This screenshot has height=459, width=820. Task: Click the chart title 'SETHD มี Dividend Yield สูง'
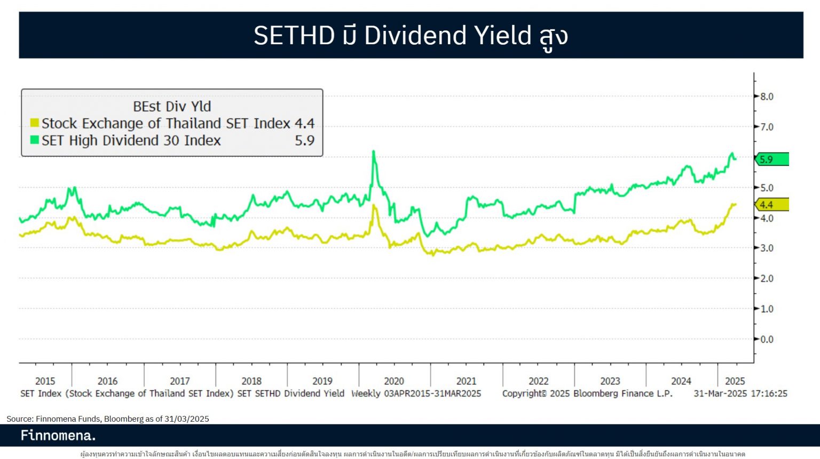[410, 36]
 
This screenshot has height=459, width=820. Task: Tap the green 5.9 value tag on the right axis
[771, 159]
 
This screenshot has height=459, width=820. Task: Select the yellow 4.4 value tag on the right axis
[771, 205]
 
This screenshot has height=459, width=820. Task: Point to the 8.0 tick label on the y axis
[767, 96]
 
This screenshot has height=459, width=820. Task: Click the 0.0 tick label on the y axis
[767, 339]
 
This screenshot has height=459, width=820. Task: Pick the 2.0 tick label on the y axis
[767, 278]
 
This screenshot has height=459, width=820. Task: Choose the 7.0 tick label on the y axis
[767, 127]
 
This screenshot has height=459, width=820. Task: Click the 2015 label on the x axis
[45, 381]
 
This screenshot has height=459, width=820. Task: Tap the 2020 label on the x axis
[394, 381]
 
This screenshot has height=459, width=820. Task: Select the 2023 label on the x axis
[610, 381]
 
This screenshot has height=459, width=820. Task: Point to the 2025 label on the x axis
[735, 381]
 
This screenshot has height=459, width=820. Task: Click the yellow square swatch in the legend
[35, 123]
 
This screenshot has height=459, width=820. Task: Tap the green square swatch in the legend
[35, 140]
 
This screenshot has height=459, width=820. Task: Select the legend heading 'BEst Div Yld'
[172, 107]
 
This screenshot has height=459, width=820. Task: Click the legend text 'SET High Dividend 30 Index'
[131, 141]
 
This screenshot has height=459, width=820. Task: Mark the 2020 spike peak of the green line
[373, 151]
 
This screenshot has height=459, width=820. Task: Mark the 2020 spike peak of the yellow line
[374, 205]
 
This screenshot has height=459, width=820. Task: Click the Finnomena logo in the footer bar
[58, 436]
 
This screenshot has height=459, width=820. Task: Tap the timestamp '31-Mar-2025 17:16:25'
[740, 393]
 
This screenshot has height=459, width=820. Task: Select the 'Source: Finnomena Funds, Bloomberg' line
[108, 419]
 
